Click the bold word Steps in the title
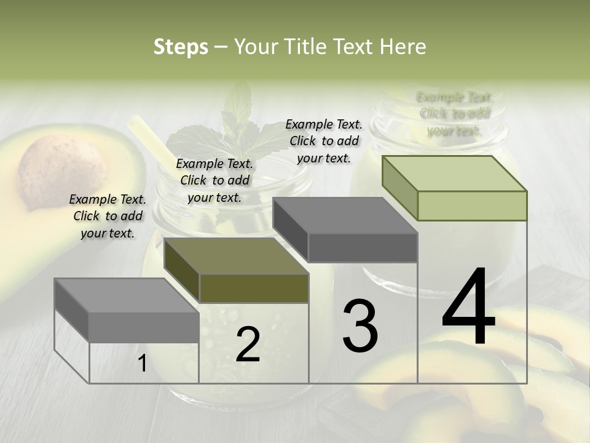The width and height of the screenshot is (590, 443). tap(181, 47)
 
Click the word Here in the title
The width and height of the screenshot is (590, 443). tap(401, 47)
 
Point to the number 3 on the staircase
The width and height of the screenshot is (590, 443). tap(360, 325)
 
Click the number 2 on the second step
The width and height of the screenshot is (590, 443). tap(248, 345)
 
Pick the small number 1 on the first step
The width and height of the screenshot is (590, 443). tap(142, 364)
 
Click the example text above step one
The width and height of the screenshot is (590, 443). tap(108, 216)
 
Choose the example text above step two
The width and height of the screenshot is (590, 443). tap(214, 180)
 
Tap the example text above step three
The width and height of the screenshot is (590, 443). tap(324, 141)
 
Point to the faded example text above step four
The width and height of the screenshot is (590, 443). tap(454, 114)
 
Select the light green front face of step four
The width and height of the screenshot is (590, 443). tap(472, 206)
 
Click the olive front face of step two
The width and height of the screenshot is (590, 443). tap(254, 288)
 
